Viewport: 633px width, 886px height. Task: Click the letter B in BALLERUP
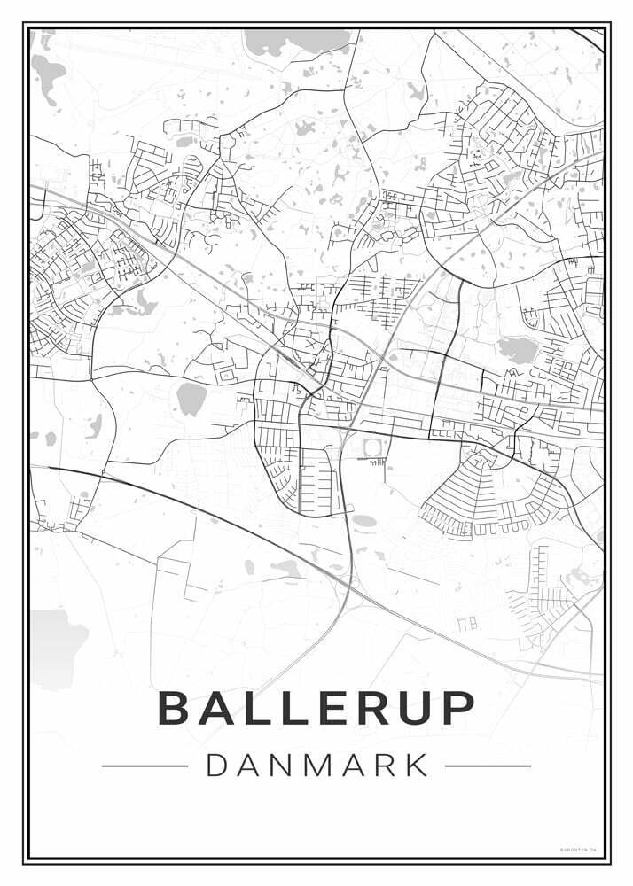click(x=175, y=707)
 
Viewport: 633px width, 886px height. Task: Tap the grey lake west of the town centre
click(x=190, y=400)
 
